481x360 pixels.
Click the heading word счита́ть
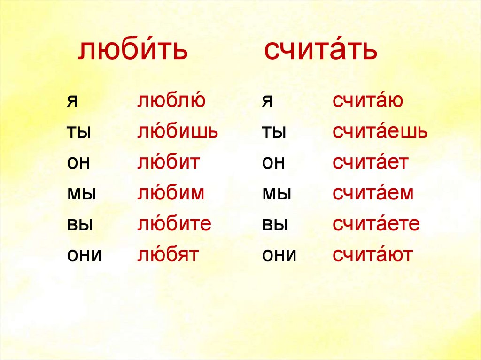[321, 51]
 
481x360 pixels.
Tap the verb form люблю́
[171, 101]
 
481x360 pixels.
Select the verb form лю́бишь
[178, 132]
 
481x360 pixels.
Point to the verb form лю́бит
[169, 162]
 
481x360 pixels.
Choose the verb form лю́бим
[171, 193]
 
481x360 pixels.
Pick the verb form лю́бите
[174, 224]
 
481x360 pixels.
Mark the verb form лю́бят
[168, 255]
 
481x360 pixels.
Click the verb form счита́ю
[368, 101]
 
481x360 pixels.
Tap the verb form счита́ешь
[380, 132]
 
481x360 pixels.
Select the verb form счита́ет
[371, 162]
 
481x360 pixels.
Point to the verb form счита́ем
[373, 193]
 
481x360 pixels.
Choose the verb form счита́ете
[376, 224]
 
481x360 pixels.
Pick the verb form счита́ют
[373, 255]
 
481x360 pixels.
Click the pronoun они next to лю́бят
[84, 255]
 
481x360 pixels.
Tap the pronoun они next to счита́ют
[279, 255]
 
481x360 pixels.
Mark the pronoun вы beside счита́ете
[275, 224]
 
